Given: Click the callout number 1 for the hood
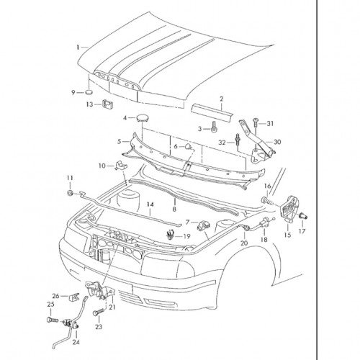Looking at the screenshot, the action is point(78,48).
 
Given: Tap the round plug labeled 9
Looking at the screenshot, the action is point(89,92).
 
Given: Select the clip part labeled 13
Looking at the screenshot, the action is point(108,104).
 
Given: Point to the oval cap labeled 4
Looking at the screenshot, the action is point(143,118).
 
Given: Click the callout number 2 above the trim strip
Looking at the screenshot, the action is point(221,99).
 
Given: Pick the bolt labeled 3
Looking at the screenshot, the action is point(214,126).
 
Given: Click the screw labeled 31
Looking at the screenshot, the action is point(256,124).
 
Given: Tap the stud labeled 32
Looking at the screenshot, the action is point(238,141).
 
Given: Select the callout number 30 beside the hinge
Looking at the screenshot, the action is point(277,142).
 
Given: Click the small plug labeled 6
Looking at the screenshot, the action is point(188,146).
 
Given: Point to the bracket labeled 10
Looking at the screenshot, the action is point(121,166).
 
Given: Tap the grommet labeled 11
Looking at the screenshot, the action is point(70,193).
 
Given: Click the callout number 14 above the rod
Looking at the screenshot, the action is point(150,204).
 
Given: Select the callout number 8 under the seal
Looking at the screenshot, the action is point(174,209).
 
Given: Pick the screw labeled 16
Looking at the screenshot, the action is point(267,201).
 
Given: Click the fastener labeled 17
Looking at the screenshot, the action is point(303,216).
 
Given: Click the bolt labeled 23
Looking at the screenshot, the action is point(99,313).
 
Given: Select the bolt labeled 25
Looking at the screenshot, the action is point(52,320).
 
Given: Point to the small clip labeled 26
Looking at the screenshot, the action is point(74,297).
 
